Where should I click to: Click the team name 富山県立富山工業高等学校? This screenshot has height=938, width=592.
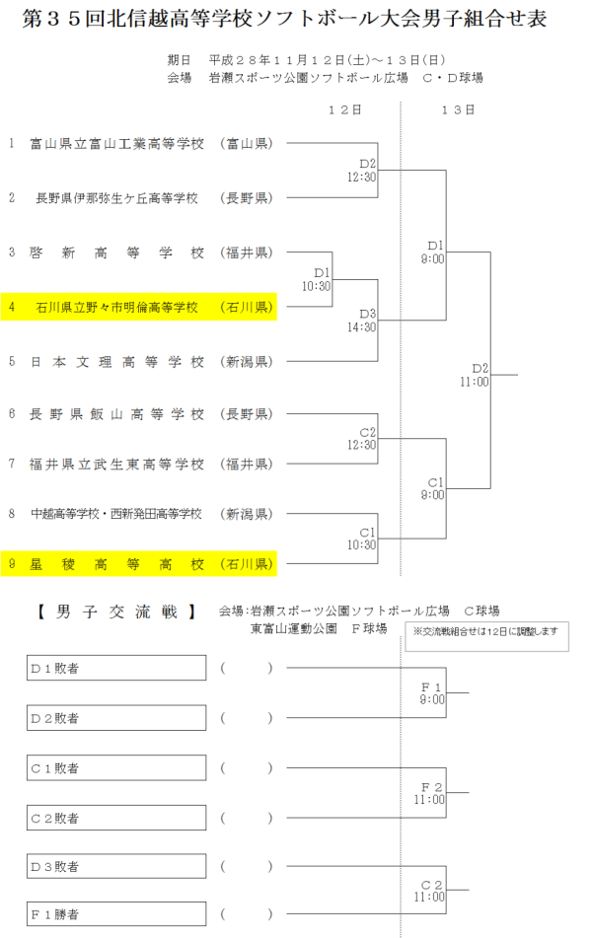[117, 144]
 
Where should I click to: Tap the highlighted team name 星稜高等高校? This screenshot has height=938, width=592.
[117, 565]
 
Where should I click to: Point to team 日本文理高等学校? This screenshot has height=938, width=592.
[117, 361]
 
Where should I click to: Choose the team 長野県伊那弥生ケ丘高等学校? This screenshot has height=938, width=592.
[117, 197]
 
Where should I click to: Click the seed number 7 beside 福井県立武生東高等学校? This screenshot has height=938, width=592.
[12, 464]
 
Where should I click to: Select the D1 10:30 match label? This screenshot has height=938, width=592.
[317, 279]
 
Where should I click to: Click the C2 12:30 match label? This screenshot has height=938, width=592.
[362, 439]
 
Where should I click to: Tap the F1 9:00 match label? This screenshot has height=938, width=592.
[431, 692]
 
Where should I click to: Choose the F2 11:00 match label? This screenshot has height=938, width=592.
[431, 793]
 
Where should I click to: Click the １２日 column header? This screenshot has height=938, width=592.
[344, 108]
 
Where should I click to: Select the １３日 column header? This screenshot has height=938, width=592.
[459, 108]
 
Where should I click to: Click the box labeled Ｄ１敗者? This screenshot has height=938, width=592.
[116, 669]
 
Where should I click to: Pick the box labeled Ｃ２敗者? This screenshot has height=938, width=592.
[116, 818]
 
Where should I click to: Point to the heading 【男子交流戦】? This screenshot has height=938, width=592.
[115, 613]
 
